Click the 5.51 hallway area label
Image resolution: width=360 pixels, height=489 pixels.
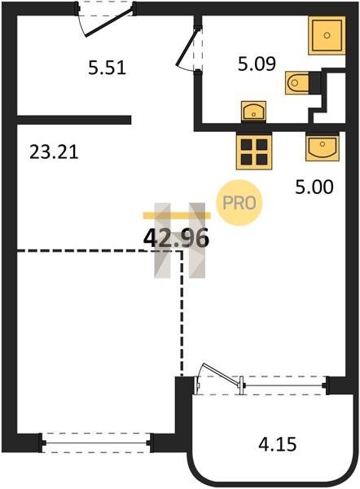107,68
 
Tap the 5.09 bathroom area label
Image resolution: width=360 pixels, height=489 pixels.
257,64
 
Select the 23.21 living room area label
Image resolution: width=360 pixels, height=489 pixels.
54,152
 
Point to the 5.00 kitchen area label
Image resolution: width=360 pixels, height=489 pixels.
314,187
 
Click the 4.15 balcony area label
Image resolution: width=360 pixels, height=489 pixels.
278,444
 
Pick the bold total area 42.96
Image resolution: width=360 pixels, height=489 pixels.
176,239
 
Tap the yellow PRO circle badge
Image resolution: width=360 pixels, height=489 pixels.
239,203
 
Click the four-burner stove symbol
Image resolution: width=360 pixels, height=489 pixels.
254,151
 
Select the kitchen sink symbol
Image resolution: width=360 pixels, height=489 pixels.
323,147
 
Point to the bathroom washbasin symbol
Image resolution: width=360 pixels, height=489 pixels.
254,111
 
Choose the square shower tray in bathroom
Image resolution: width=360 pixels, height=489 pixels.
327,35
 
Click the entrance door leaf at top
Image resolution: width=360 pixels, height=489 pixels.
109,21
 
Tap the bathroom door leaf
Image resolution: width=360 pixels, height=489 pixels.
187,48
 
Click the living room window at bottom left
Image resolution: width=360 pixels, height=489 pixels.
96,443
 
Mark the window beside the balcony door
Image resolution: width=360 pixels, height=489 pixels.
284,385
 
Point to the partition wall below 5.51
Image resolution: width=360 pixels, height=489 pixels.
74,120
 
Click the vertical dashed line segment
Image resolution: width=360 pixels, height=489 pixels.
182,313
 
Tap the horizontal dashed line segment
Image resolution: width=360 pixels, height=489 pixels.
99,250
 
